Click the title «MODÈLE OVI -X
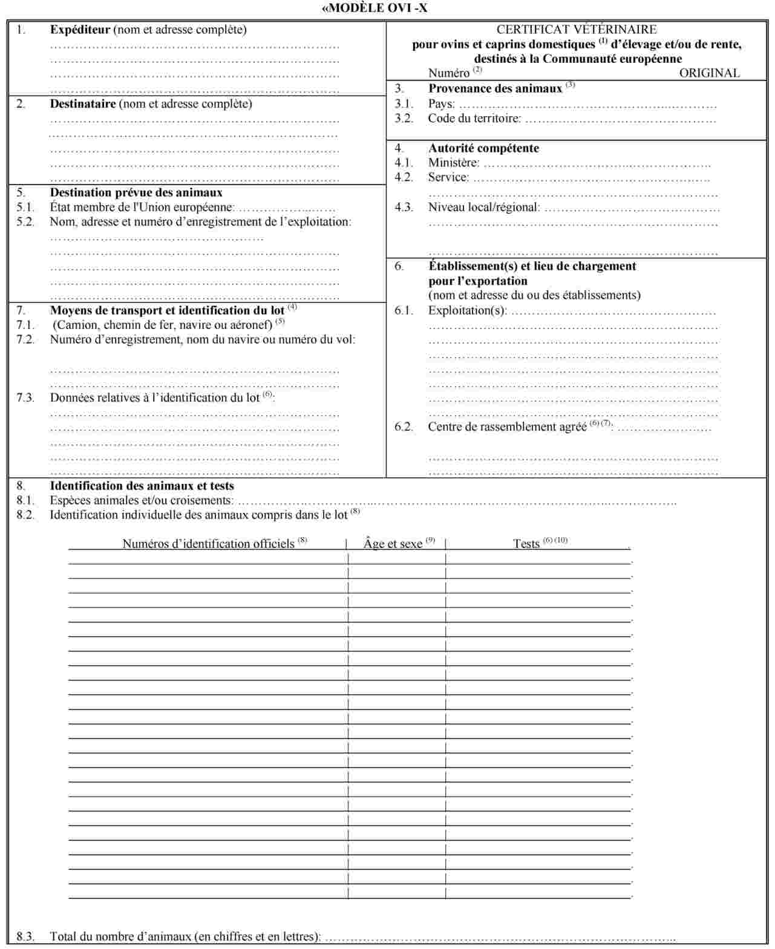tap(374, 8)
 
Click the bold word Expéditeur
tap(80, 30)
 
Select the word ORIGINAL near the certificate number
tap(709, 73)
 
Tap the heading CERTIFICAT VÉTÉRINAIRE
tap(576, 29)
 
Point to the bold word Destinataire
tap(82, 104)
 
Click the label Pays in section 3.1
tap(440, 104)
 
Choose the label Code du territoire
tap(474, 119)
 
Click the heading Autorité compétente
tap(483, 148)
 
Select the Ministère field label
tap(453, 163)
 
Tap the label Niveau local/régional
tap(483, 207)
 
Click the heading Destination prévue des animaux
tap(136, 193)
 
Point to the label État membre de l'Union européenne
tap(142, 207)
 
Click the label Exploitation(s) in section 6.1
tap(467, 311)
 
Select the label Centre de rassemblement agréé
tap(507, 427)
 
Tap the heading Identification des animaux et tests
tap(142, 486)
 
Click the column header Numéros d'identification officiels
tap(208, 544)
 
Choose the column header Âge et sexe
tap(393, 544)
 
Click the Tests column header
tap(526, 544)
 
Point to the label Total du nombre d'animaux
tap(185, 936)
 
